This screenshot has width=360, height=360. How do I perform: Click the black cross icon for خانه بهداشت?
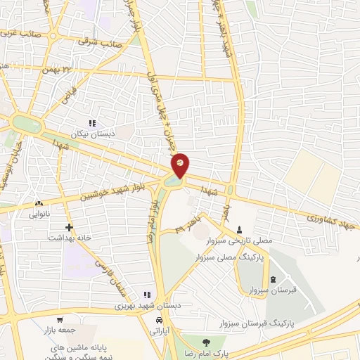point(69,227)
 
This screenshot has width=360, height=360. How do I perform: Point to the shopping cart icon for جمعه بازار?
point(60,318)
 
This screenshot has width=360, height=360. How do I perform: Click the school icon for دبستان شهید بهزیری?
point(147,295)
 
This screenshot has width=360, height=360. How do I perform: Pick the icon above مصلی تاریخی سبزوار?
point(240,230)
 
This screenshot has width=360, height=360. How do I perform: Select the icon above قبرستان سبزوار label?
point(273,281)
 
